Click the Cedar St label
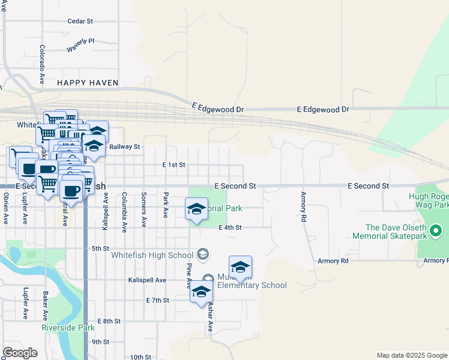pyautogui.click(x=80, y=21)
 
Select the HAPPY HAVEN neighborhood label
pyautogui.click(x=88, y=83)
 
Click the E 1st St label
pyautogui.click(x=174, y=164)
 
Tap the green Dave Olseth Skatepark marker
pyautogui.click(x=437, y=230)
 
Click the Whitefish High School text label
pyautogui.click(x=152, y=255)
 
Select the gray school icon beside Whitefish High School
pyautogui.click(x=203, y=254)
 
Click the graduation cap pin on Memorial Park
pyautogui.click(x=196, y=209)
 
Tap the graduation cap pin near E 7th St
pyautogui.click(x=201, y=292)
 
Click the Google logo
pyautogui.click(x=20, y=353)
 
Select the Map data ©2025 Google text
pyautogui.click(x=411, y=355)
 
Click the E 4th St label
pyautogui.click(x=230, y=228)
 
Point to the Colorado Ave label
pyautogui.click(x=43, y=64)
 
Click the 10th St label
pyautogui.click(x=140, y=357)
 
